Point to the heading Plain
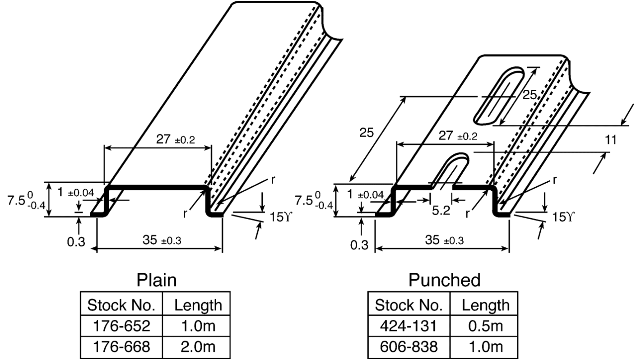(157, 281)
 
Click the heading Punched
(445, 281)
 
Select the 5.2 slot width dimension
(440, 210)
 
